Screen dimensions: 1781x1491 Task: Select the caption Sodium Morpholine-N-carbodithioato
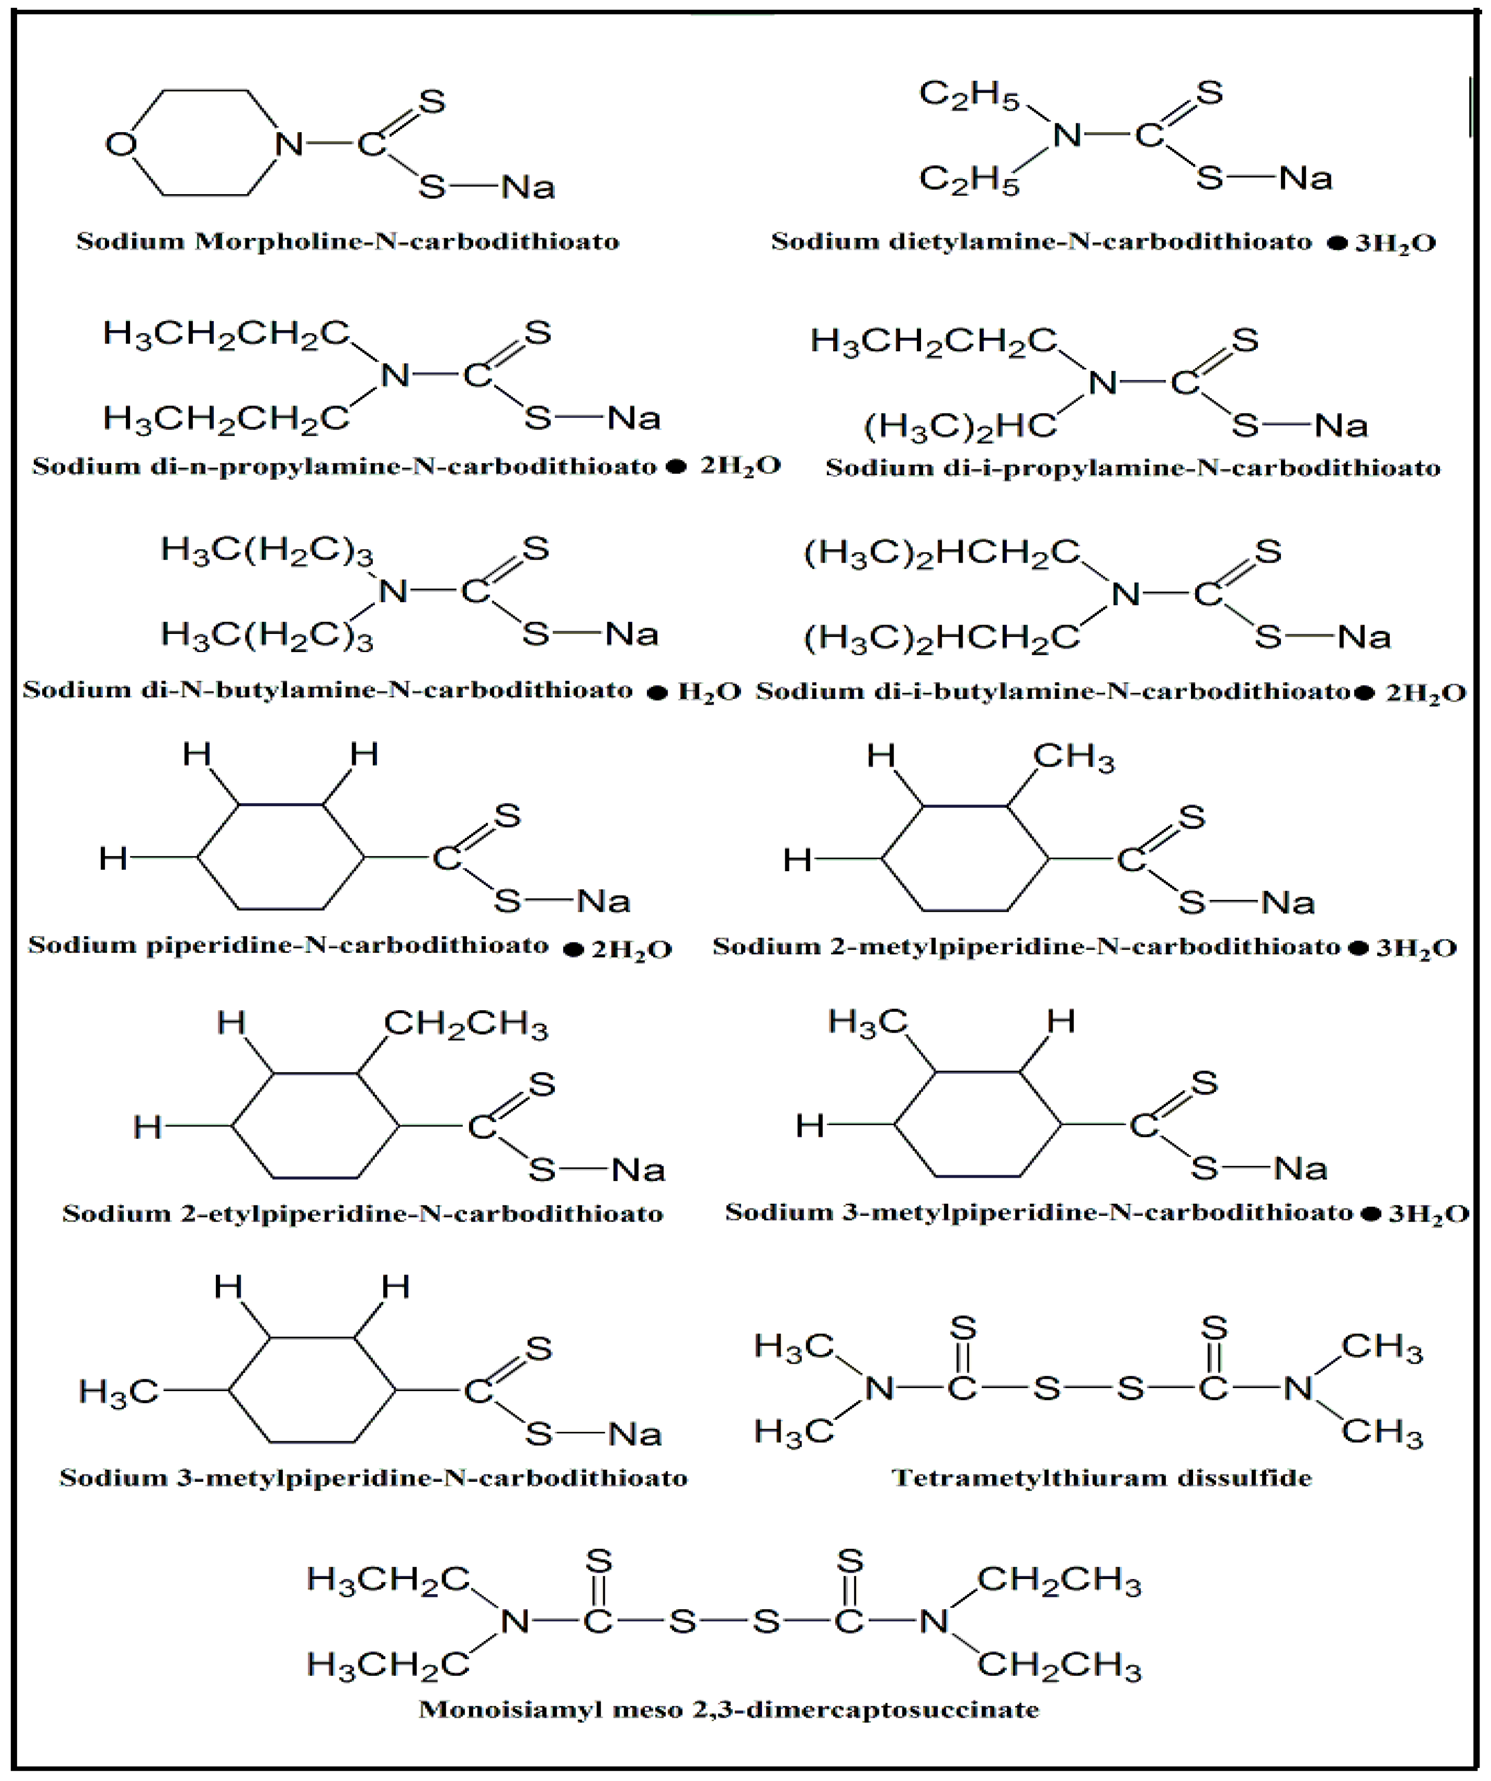[x=347, y=241]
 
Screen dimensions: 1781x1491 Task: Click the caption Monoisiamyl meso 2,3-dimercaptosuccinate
[x=729, y=1709]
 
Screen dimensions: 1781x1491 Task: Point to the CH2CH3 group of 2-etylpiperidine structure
[x=465, y=1024]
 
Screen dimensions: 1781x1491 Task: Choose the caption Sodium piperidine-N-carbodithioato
[x=288, y=945]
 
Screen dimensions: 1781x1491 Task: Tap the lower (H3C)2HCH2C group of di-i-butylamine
[x=942, y=638]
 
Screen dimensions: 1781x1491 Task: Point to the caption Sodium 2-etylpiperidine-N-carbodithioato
[x=363, y=1214]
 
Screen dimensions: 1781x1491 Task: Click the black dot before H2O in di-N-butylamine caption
[x=657, y=693]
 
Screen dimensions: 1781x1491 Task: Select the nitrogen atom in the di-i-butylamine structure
[x=1126, y=594]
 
